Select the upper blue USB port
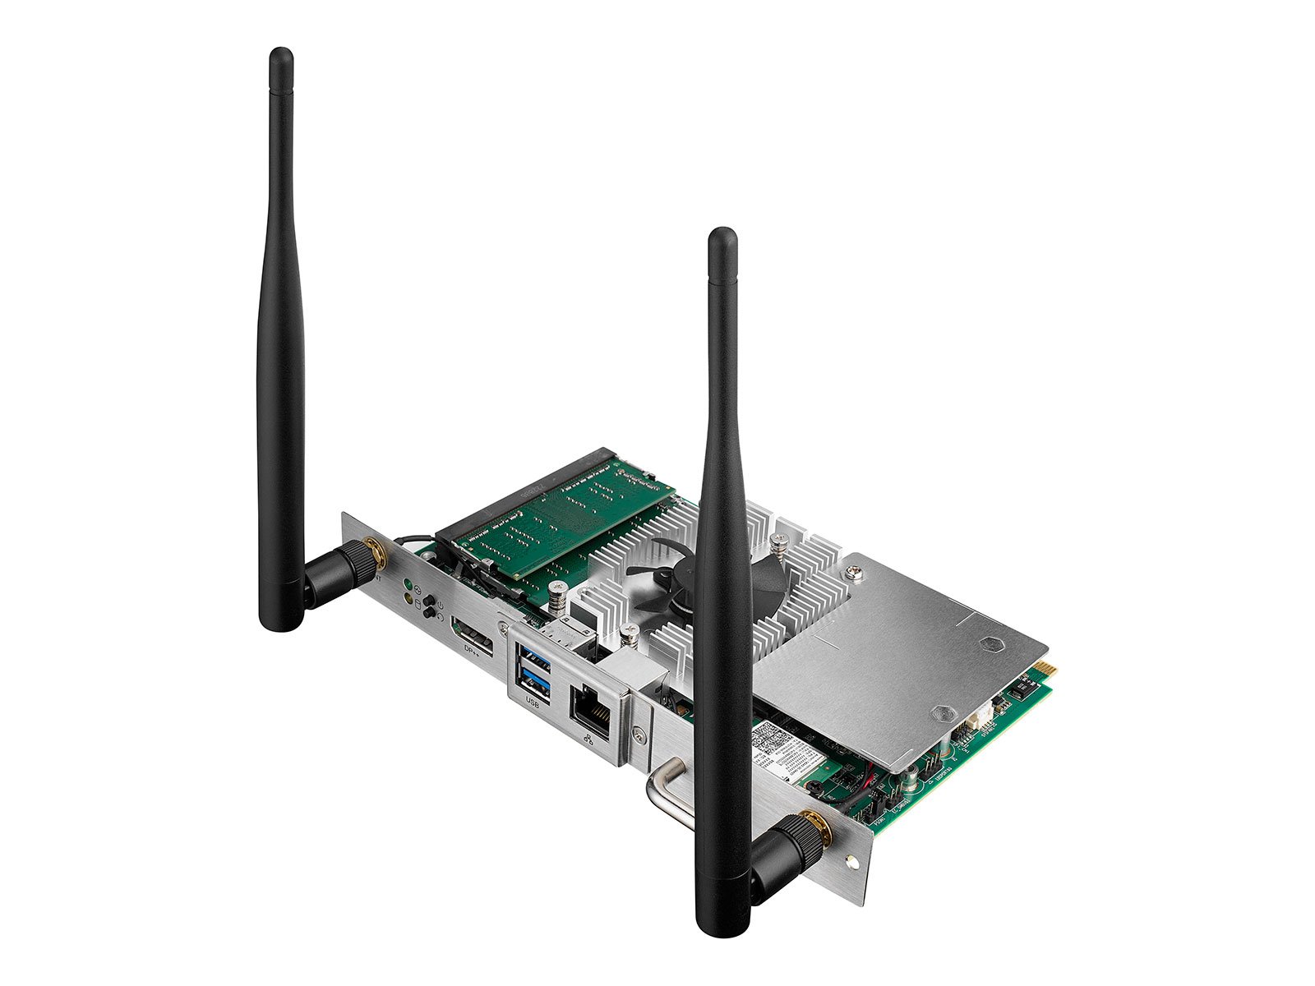(533, 658)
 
